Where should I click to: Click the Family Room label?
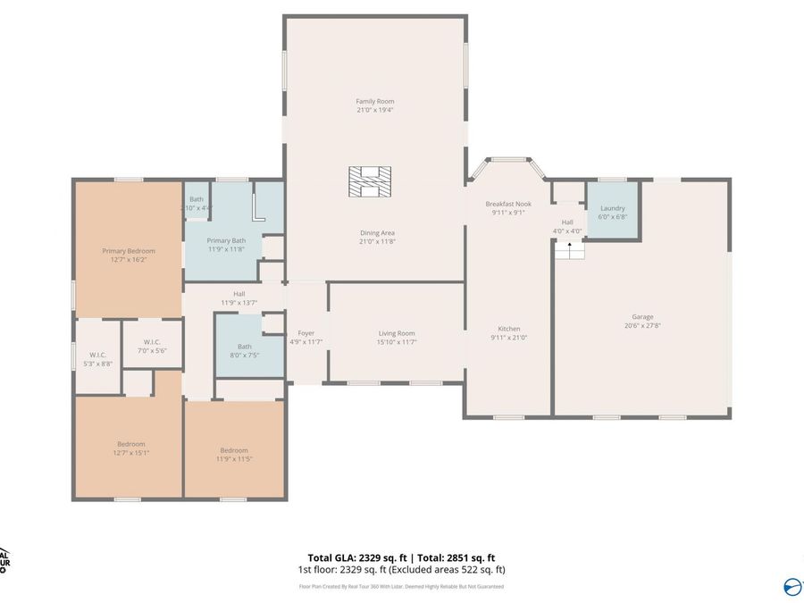(x=374, y=101)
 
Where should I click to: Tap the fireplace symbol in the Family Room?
(x=369, y=180)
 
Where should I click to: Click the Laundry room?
(x=612, y=212)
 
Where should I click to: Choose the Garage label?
(x=642, y=317)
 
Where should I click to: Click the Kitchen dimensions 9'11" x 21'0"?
(x=509, y=338)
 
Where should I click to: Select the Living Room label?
(x=397, y=333)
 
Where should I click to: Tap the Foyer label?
(x=306, y=333)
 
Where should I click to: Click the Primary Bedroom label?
(x=128, y=251)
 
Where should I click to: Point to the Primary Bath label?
(x=226, y=240)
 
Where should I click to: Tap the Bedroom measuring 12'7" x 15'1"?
(x=130, y=448)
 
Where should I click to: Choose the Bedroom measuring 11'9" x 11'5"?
(x=234, y=454)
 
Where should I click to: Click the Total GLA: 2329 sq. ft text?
(x=352, y=557)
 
